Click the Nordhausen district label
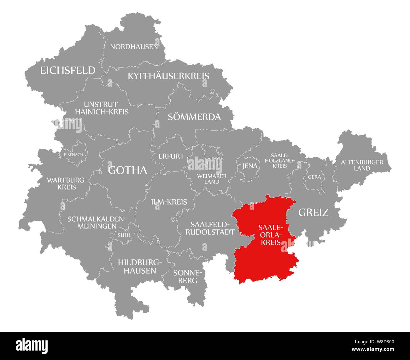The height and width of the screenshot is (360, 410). (134, 47)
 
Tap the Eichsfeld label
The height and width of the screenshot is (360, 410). (67, 70)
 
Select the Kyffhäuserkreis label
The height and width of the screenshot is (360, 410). (168, 76)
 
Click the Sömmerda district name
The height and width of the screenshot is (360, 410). (194, 117)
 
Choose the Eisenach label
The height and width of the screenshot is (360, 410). (73, 155)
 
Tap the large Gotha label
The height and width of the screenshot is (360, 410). (127, 170)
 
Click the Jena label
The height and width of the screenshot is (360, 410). (249, 166)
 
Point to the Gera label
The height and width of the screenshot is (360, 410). (314, 177)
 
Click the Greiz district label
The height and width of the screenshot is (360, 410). (313, 212)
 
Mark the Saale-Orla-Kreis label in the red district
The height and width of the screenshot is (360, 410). (270, 235)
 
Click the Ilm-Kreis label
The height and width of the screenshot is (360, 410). (169, 202)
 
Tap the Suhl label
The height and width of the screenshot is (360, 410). (124, 235)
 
